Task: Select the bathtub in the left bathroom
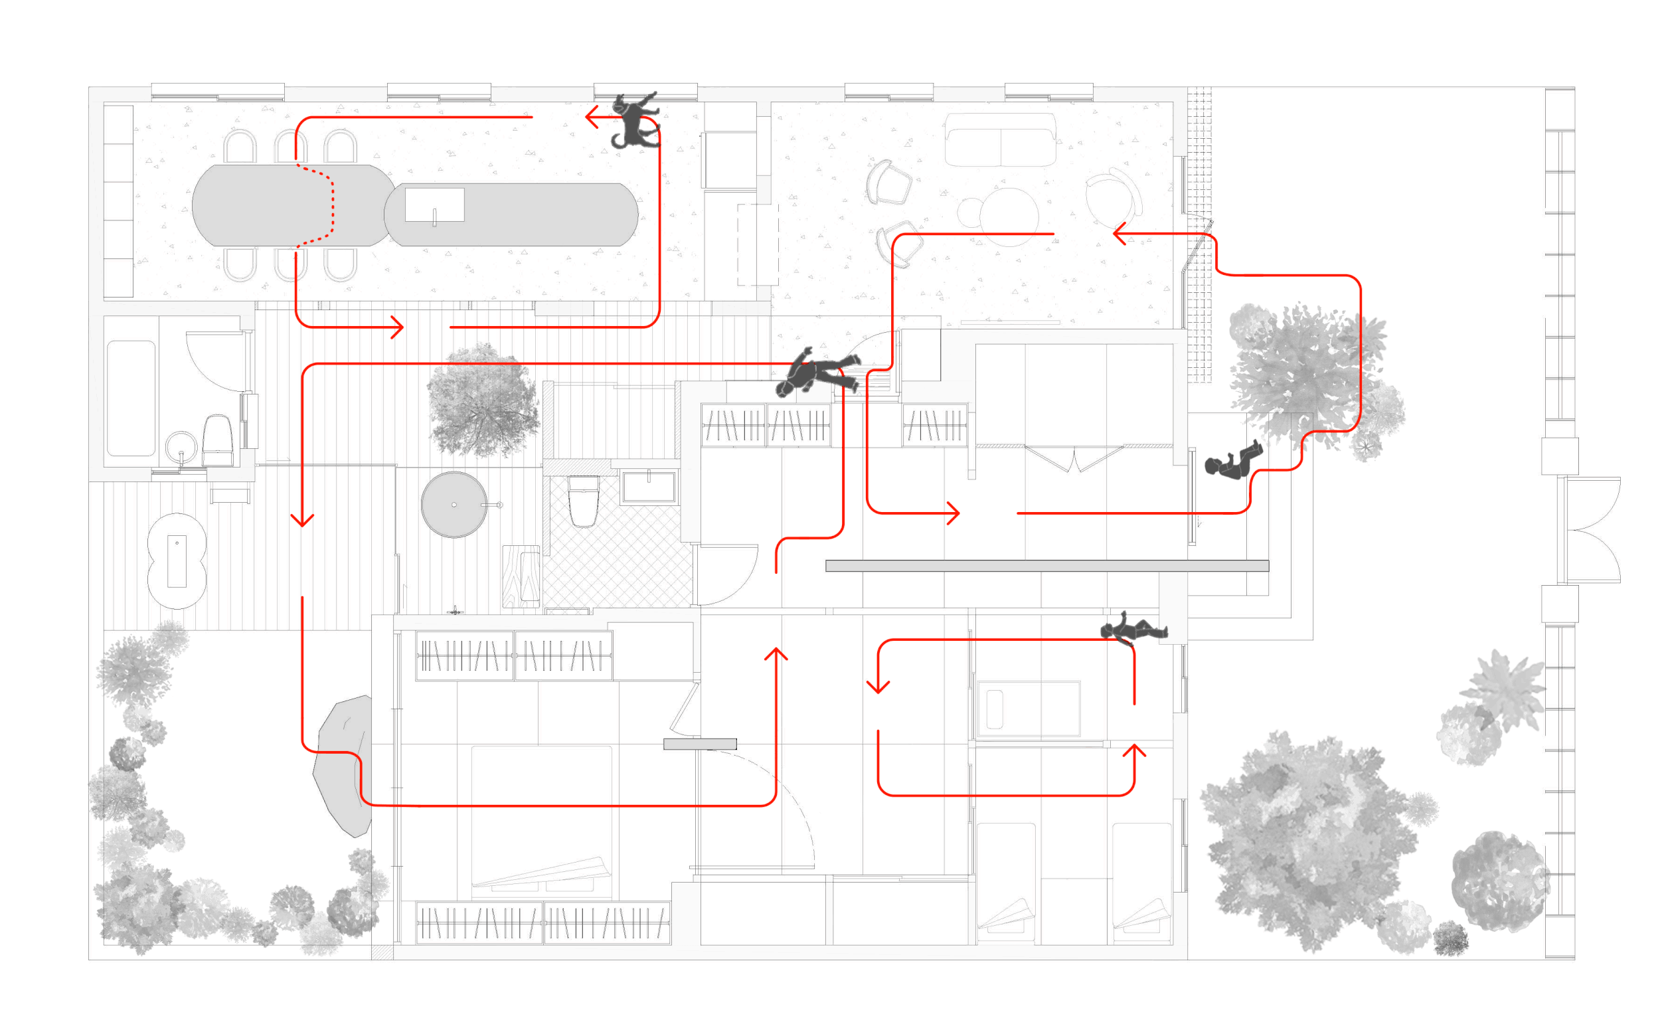[130, 398]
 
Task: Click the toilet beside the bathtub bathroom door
[218, 440]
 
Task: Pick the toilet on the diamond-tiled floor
[584, 501]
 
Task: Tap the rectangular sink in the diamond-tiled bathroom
[648, 487]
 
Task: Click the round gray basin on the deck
[454, 505]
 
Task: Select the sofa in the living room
[1000, 140]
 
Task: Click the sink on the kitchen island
[435, 205]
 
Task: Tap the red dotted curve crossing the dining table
[330, 205]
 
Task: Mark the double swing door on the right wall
[1593, 530]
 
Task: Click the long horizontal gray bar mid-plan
[1046, 566]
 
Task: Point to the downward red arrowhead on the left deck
[302, 520]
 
